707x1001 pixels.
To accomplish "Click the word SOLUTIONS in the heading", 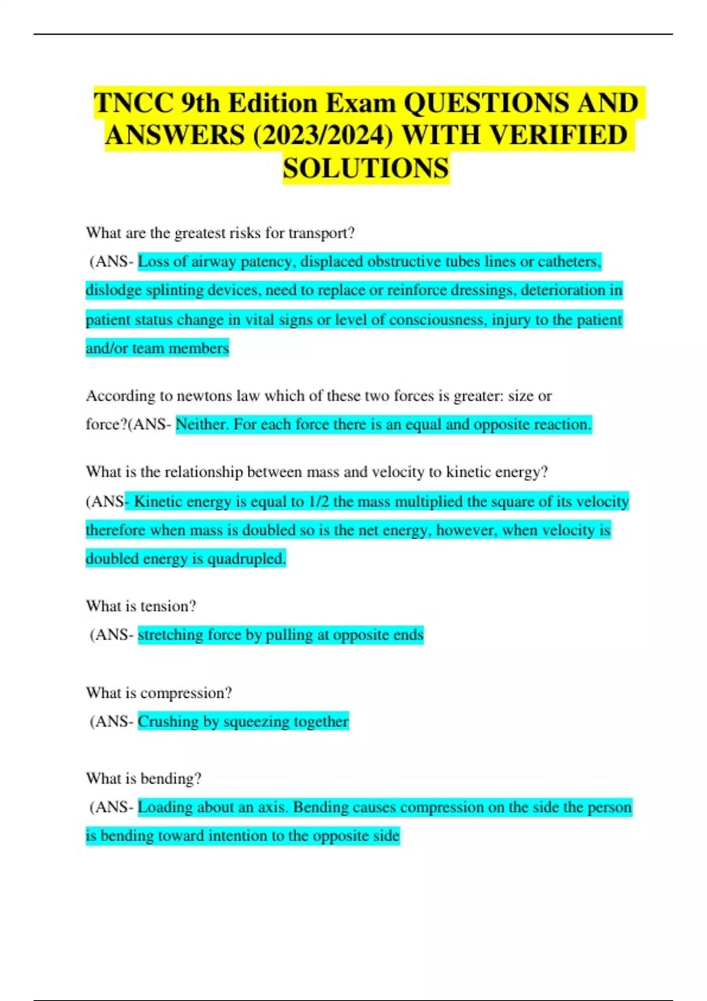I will pos(366,169).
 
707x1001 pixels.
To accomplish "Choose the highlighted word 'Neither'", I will pos(202,425).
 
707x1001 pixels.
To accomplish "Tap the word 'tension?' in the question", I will pos(169,606).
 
